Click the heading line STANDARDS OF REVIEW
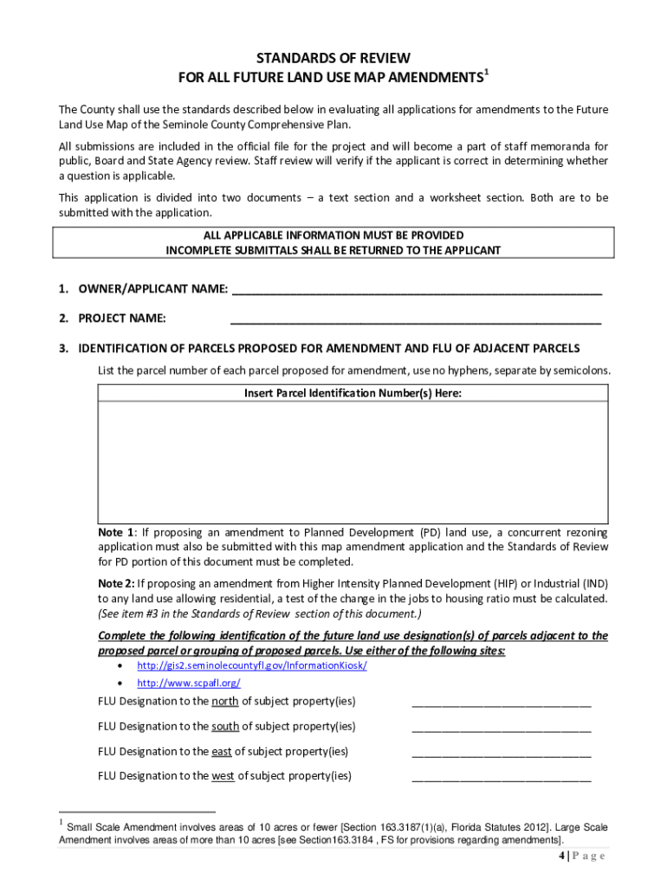point(333,59)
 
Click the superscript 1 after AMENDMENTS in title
point(487,74)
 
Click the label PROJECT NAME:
point(122,318)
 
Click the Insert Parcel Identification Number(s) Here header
point(353,394)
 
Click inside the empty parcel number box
point(353,459)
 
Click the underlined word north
point(225,701)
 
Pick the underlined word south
point(225,726)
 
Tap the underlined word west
point(223,776)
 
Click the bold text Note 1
point(116,532)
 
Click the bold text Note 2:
point(117,583)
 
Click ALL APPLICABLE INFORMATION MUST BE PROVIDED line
point(333,235)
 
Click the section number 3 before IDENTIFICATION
point(63,349)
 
